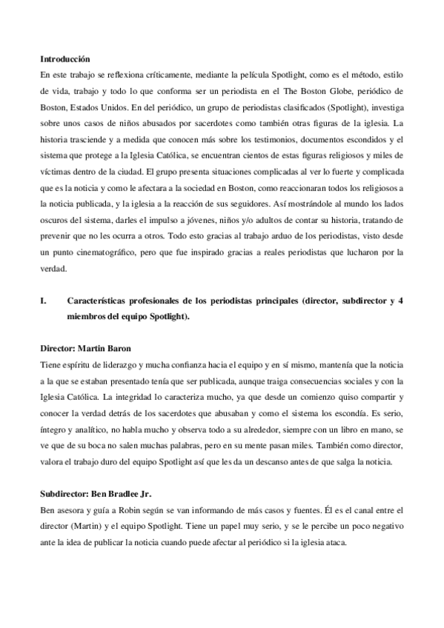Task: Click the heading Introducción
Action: click(64, 58)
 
